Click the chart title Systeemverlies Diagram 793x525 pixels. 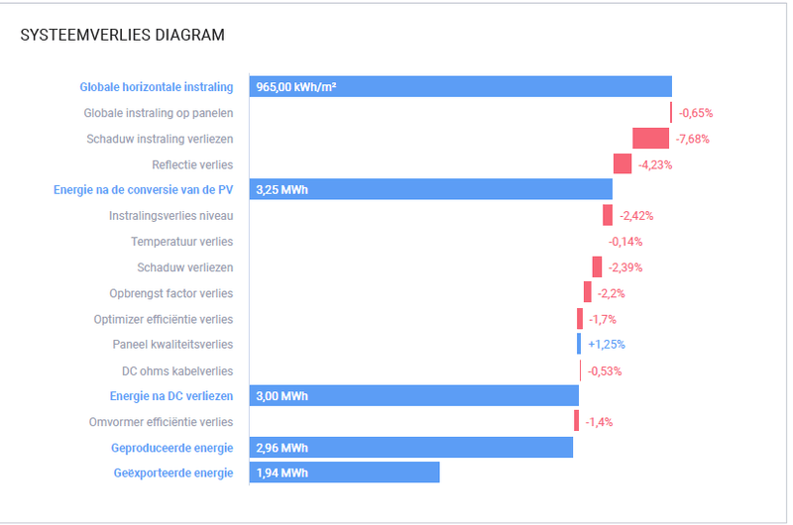coord(122,36)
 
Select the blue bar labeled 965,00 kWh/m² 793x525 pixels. coord(460,87)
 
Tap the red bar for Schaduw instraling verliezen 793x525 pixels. coord(650,139)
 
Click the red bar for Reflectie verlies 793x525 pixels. coord(623,164)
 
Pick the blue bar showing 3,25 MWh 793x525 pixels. coord(430,190)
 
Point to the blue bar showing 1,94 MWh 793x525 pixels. coord(344,473)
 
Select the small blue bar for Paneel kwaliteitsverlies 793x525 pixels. coord(579,345)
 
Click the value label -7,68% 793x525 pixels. coord(692,139)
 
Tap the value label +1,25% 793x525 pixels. coord(607,345)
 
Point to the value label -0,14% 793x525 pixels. coord(624,242)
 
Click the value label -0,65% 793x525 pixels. coord(696,113)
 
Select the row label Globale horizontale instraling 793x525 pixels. coord(157,87)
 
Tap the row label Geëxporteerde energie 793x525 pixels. coord(172,473)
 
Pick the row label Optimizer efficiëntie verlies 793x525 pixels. coord(164,319)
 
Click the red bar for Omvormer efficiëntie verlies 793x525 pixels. coord(576,422)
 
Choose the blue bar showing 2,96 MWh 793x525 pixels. coord(410,448)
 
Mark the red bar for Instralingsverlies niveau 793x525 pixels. coord(608,216)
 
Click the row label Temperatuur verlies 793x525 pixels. coord(182,242)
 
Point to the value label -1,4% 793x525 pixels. coord(599,422)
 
